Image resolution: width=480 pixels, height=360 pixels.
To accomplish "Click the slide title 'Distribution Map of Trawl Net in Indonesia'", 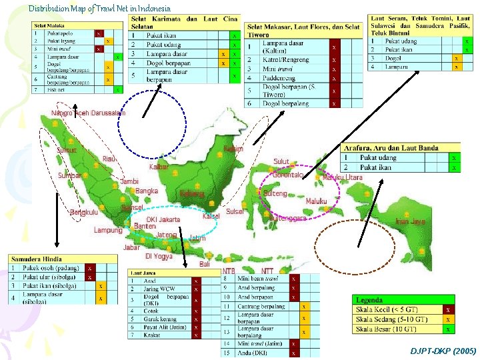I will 99,9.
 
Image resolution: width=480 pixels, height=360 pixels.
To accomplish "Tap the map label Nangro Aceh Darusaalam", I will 88,113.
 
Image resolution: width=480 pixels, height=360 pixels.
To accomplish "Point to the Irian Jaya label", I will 410,221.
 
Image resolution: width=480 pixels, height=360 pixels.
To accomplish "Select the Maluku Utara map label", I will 343,177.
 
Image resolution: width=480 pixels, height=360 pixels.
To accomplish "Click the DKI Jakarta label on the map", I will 163,219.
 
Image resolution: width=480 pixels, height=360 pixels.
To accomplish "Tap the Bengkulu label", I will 84,213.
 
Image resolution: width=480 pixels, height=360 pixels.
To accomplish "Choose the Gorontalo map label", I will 288,175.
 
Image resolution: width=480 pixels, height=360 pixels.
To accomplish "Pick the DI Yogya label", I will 159,256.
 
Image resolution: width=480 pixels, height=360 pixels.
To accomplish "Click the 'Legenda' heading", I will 369,300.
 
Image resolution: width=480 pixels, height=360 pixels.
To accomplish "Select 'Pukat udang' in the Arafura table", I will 378,158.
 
